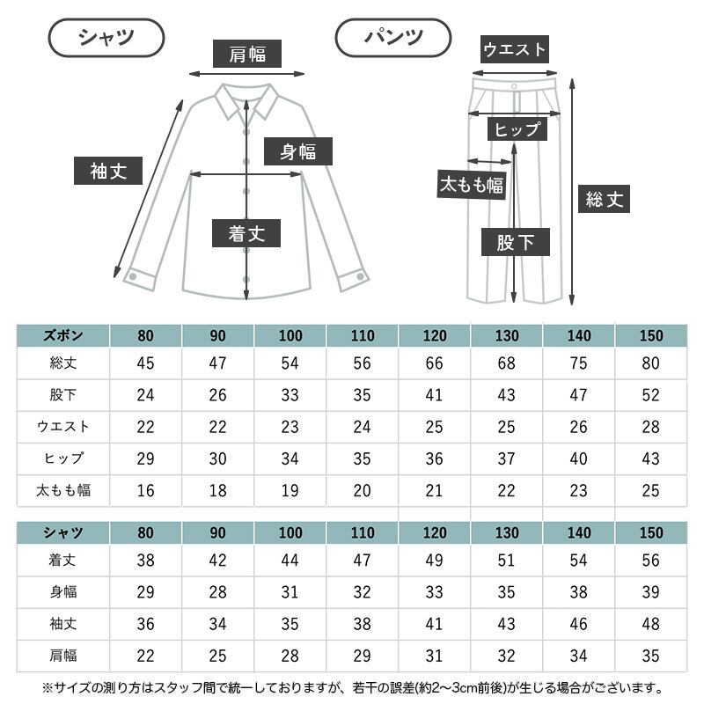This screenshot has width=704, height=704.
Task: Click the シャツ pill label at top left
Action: click(x=106, y=38)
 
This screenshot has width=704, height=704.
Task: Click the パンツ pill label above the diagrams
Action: click(x=393, y=38)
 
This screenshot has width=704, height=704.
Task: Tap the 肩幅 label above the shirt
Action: click(x=247, y=54)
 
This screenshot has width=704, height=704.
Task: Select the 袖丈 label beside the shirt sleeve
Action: click(x=108, y=171)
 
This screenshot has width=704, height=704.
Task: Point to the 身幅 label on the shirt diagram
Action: click(x=298, y=151)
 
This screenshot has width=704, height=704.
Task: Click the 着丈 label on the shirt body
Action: click(x=246, y=233)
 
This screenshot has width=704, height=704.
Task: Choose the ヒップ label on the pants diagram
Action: click(x=517, y=129)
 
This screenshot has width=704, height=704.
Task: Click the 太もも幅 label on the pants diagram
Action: click(x=472, y=184)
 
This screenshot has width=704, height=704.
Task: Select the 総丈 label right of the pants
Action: click(x=604, y=199)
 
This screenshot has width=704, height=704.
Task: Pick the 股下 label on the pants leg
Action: click(x=516, y=242)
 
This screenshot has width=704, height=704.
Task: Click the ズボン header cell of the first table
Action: click(x=63, y=335)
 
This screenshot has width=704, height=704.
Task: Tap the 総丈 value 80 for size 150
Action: click(x=650, y=363)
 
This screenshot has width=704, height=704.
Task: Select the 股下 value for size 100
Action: click(x=290, y=395)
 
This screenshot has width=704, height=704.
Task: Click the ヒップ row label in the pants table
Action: click(x=63, y=458)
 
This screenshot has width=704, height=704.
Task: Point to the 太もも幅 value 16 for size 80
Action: click(x=145, y=490)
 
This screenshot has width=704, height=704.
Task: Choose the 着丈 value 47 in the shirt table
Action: click(x=362, y=560)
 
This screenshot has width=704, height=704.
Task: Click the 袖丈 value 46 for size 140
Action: click(x=578, y=624)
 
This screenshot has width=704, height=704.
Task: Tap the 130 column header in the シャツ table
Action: click(x=507, y=532)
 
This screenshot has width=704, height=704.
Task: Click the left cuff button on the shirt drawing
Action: click(x=133, y=276)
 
